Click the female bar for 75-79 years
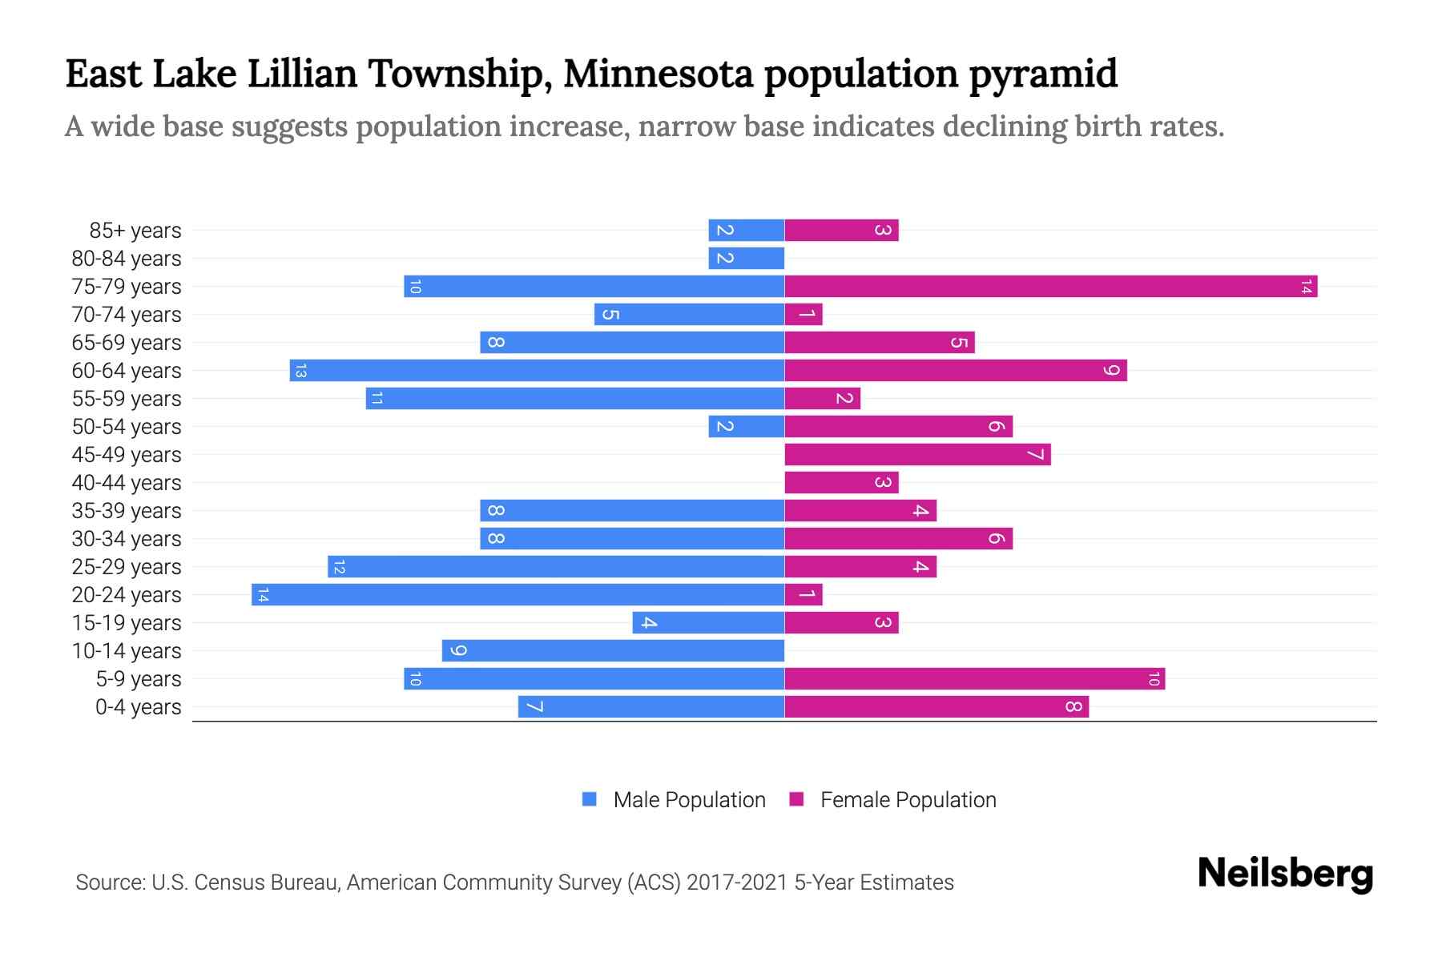1049,286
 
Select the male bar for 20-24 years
518,594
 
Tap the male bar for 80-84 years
746,258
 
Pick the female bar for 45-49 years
916,454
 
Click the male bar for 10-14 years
613,650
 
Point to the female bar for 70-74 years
804,314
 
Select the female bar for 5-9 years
974,678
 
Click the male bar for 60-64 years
537,370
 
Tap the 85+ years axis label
135,231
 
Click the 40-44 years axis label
127,483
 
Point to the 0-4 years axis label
138,707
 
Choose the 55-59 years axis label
127,399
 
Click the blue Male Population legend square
590,799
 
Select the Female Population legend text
908,799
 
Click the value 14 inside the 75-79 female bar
1306,286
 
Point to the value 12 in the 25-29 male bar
339,566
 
